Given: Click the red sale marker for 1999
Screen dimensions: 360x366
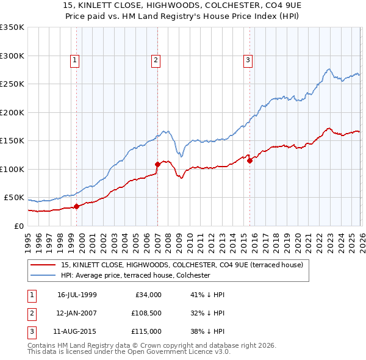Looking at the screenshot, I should (77, 207).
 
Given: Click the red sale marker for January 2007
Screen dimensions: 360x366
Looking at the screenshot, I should (157, 164).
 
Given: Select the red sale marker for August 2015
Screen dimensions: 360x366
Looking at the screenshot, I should (249, 160).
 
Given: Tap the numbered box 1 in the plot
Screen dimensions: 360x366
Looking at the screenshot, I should (74, 60).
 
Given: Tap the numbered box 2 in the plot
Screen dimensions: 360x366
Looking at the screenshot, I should (156, 60).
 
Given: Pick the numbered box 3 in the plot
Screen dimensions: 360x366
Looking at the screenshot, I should (248, 60).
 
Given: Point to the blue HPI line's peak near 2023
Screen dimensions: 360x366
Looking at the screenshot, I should (329, 69).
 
